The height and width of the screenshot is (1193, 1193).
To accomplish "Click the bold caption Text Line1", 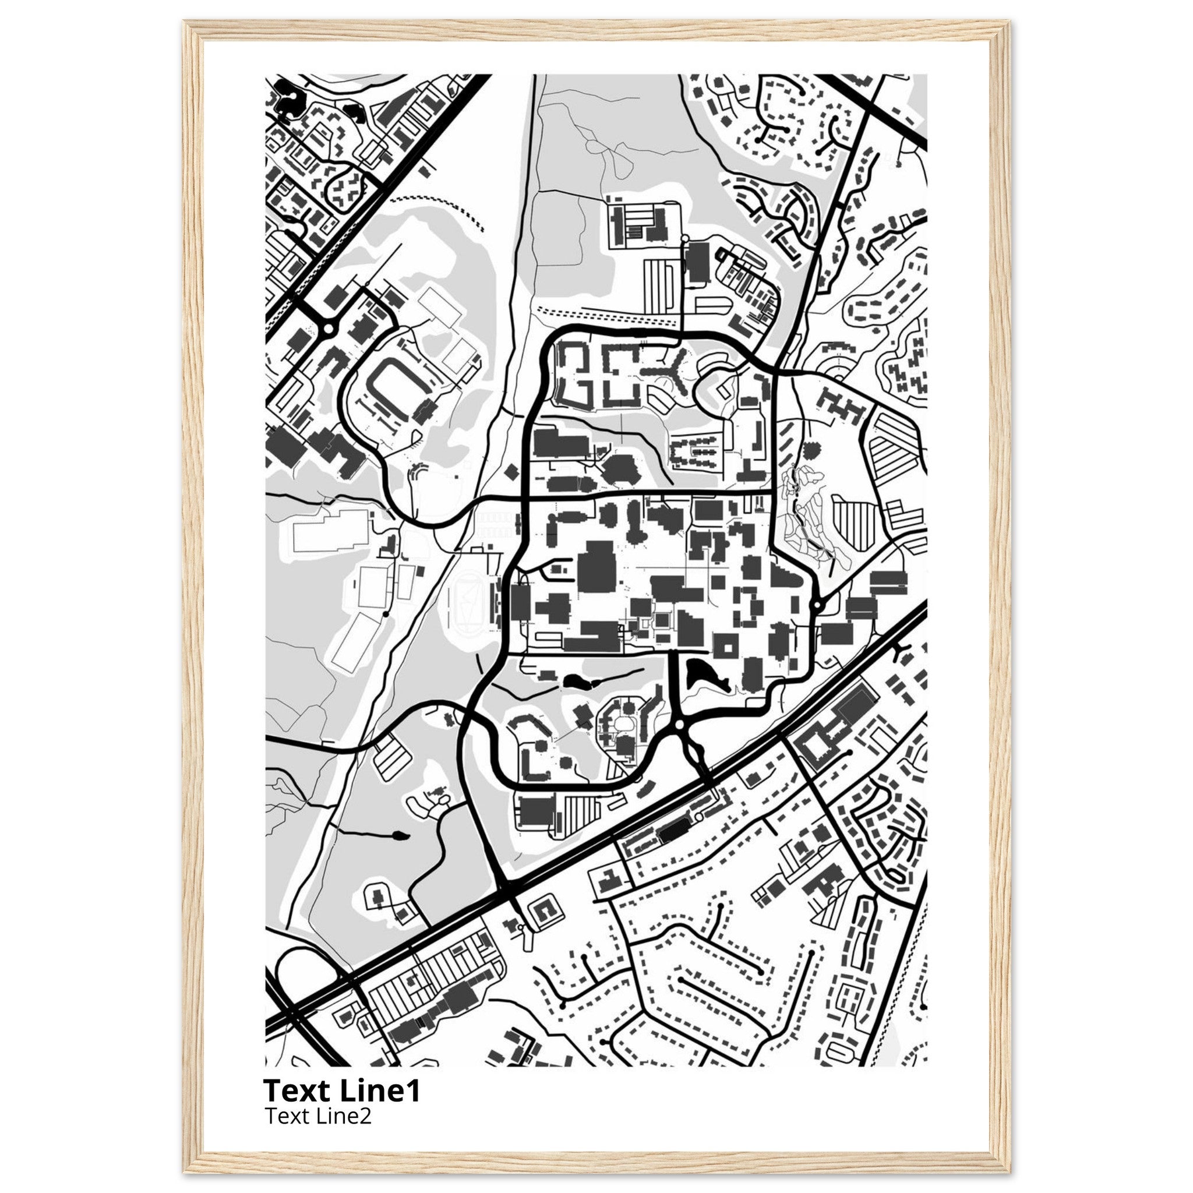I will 341,1091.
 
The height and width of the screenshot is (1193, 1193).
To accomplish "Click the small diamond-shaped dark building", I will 511,472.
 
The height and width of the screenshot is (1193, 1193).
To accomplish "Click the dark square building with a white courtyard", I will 726,645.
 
